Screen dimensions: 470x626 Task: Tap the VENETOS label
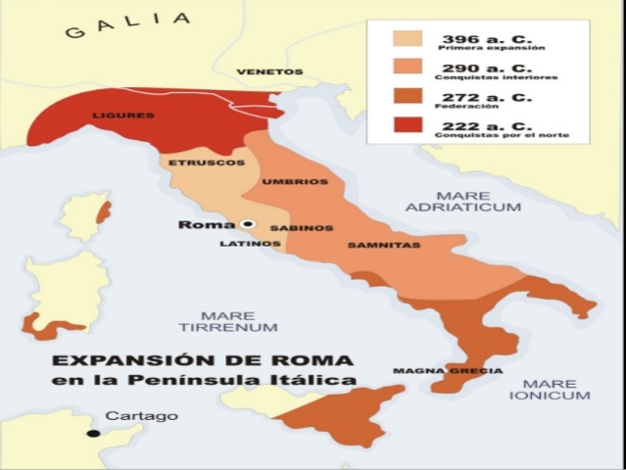coord(270,71)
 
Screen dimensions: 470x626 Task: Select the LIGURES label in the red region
coord(123,116)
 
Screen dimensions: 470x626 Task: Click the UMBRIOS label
coord(295,182)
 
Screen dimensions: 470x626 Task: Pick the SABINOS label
coord(295,227)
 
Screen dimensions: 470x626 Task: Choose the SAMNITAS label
coord(384,245)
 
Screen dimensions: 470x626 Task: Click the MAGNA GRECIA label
coord(448,371)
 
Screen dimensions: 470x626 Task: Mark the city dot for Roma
coord(249,224)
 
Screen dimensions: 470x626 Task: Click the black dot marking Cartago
coord(93,433)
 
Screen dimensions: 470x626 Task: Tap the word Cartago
coord(142,416)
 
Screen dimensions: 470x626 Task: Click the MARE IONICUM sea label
coord(550,390)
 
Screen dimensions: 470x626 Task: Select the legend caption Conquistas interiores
coord(498,77)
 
